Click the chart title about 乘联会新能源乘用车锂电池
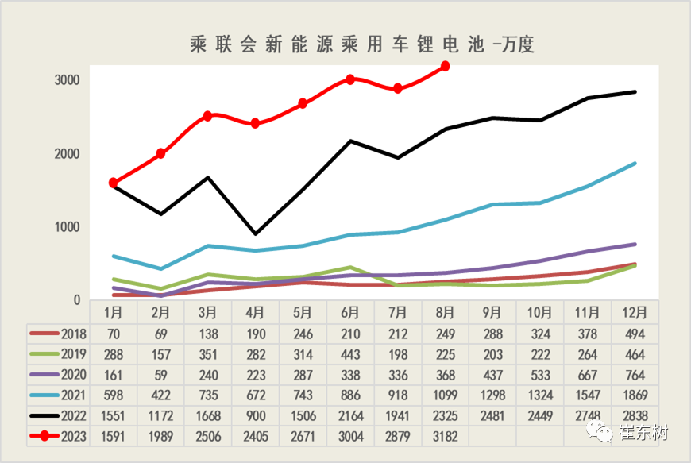pyautogui.click(x=362, y=44)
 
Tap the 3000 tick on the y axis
pyautogui.click(x=67, y=81)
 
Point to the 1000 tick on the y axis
pyautogui.click(x=67, y=227)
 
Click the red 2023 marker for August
pyautogui.click(x=445, y=66)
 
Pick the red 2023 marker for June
pyautogui.click(x=350, y=79)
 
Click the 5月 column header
pyautogui.click(x=303, y=312)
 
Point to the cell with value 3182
pyautogui.click(x=445, y=435)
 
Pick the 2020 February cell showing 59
pyautogui.click(x=160, y=374)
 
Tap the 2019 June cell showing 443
pyautogui.click(x=350, y=354)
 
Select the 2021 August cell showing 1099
pyautogui.click(x=445, y=395)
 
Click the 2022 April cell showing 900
pyautogui.click(x=255, y=415)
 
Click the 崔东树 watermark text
pyautogui.click(x=643, y=434)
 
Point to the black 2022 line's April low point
pyautogui.click(x=255, y=233)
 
